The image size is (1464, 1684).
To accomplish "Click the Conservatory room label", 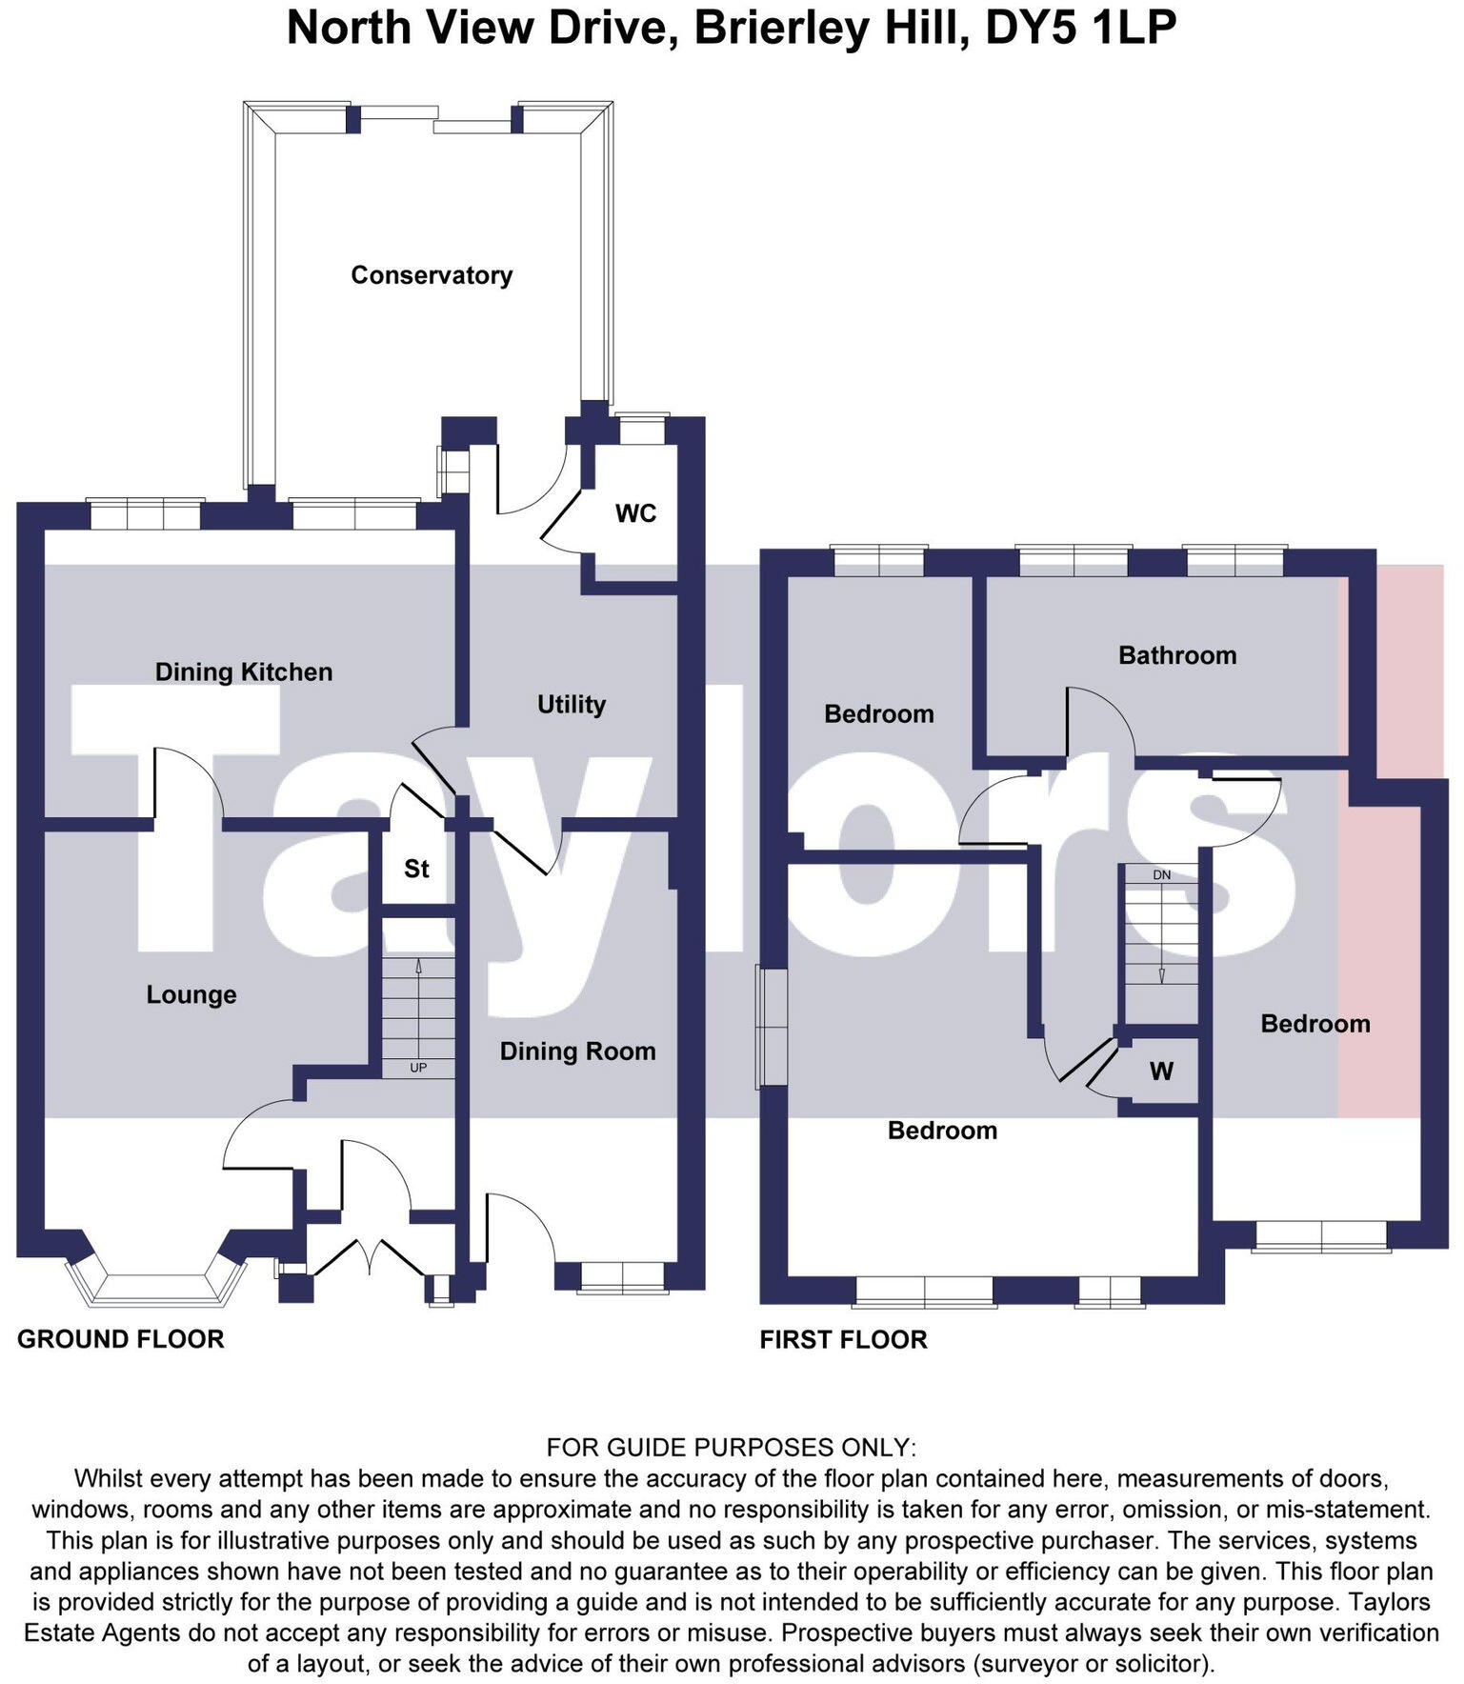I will (x=431, y=275).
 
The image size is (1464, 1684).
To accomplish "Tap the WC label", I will (x=635, y=513).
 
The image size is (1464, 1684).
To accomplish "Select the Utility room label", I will (x=572, y=704).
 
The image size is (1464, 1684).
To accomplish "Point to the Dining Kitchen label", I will (x=244, y=672).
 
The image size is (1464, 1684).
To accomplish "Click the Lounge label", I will (x=191, y=994).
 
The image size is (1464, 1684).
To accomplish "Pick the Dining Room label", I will (x=577, y=1051).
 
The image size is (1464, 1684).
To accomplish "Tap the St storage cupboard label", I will (x=416, y=869).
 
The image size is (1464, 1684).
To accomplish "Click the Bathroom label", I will (x=1177, y=655).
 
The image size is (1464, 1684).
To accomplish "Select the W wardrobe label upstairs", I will (x=1160, y=1072).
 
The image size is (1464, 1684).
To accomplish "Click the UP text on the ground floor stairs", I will (x=418, y=1068).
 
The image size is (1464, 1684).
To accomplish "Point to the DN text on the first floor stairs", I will (x=1161, y=874).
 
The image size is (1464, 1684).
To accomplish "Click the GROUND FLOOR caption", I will (x=121, y=1339).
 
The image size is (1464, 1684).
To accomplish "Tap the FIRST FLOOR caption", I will (x=843, y=1340).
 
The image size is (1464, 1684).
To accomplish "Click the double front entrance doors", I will (x=368, y=1258).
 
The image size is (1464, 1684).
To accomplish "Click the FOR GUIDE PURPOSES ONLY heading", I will (x=731, y=1448).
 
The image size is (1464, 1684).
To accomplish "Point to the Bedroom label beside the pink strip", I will (x=1314, y=1024).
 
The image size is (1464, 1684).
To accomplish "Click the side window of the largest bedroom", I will (x=772, y=1027).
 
